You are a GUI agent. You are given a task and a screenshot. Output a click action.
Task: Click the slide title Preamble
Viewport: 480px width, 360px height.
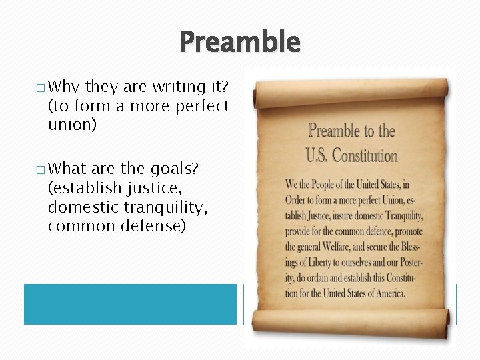point(240,42)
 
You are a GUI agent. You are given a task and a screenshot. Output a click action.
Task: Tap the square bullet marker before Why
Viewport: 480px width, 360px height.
point(42,87)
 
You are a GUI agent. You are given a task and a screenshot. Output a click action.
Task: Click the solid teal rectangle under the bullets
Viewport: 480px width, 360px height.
point(130,304)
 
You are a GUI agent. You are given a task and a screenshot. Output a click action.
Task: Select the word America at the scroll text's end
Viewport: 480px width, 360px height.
point(389,293)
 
